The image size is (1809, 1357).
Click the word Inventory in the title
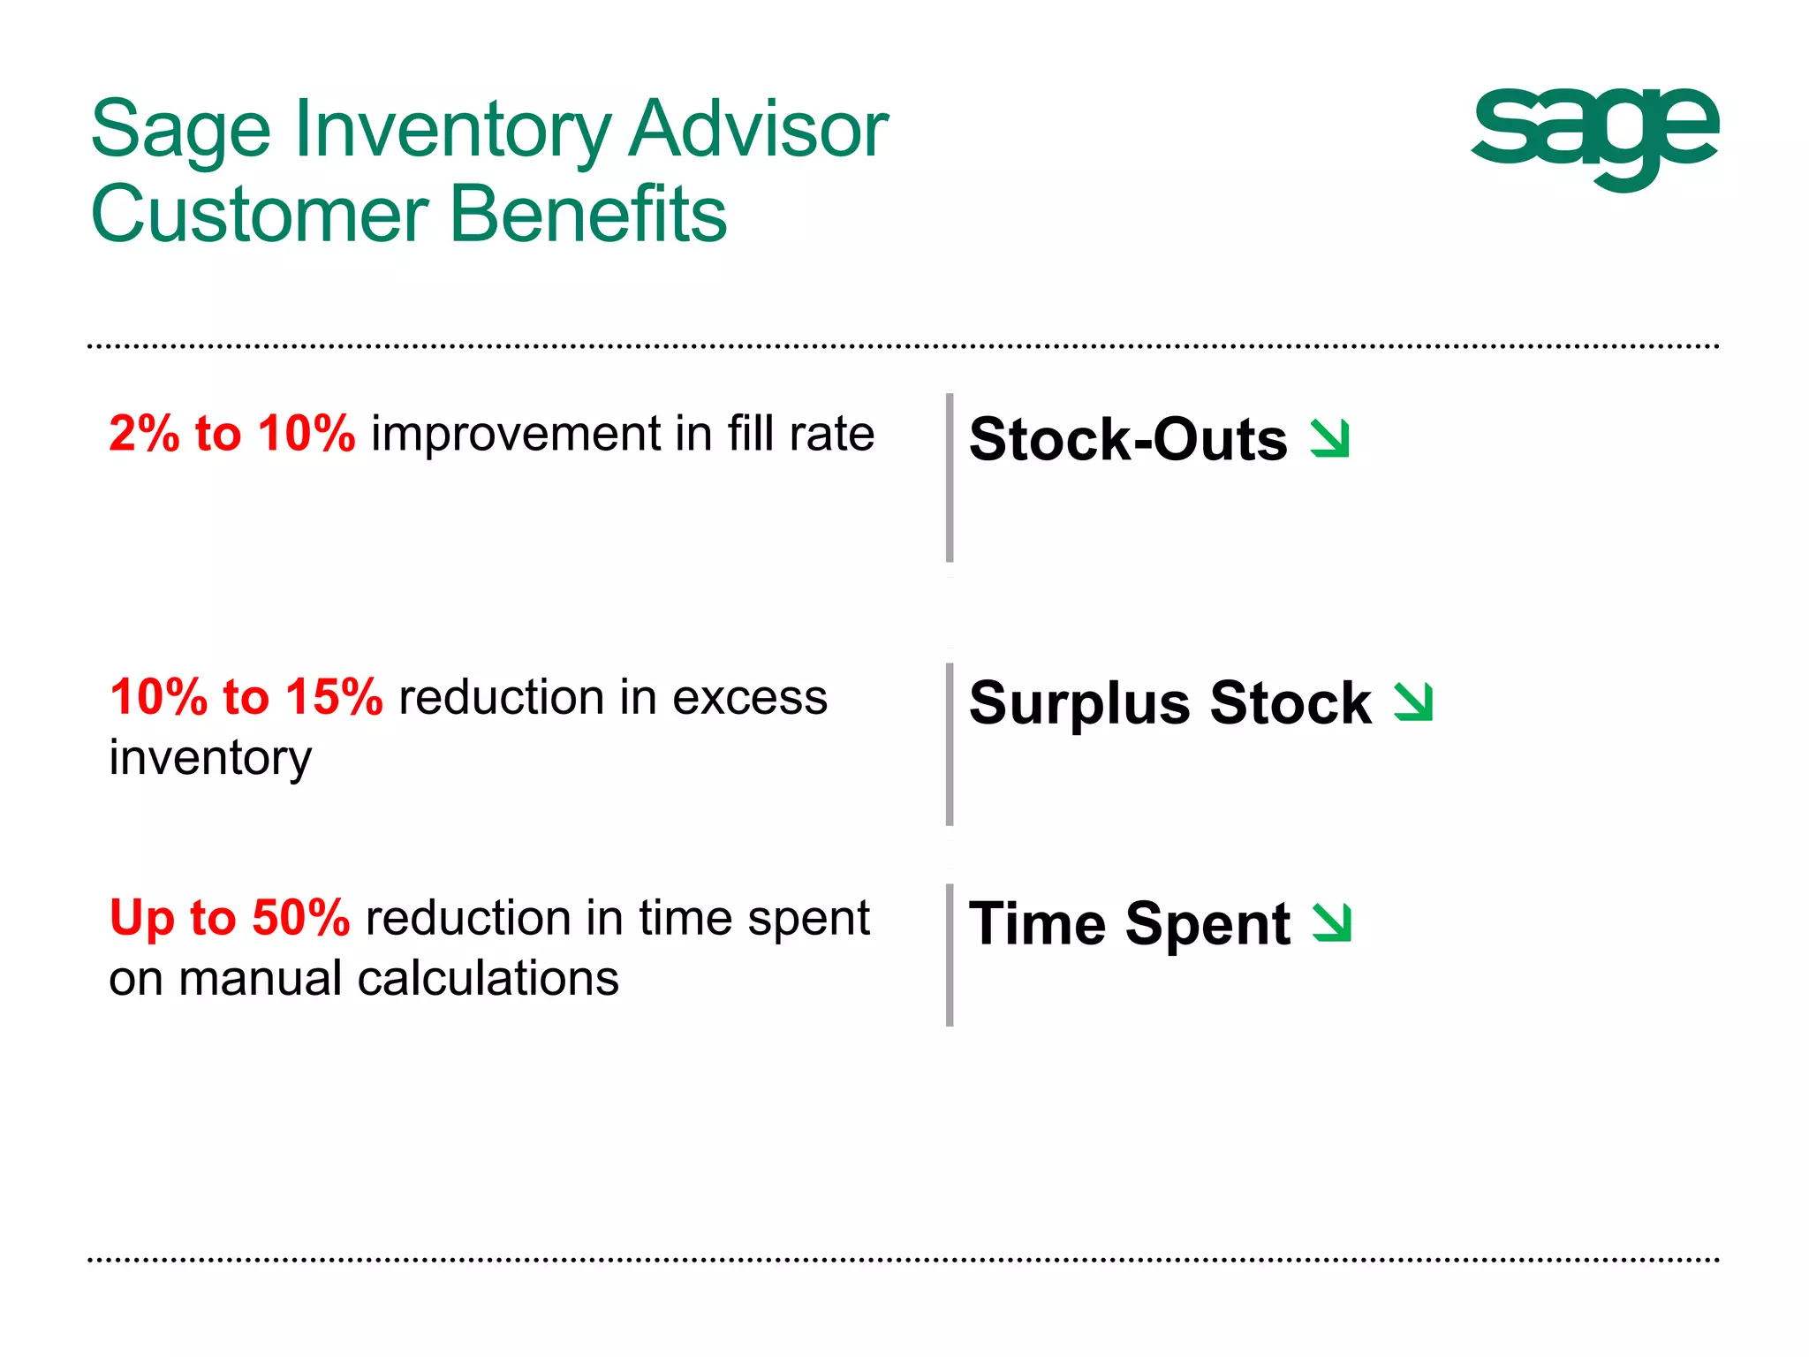(452, 131)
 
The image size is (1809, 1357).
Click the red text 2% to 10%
(231, 434)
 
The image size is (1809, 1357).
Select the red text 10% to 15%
(246, 697)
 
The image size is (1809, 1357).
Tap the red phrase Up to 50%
(230, 918)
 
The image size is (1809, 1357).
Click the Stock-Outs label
(1128, 439)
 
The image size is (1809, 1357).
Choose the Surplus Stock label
(1169, 703)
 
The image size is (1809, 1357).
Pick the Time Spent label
(1129, 924)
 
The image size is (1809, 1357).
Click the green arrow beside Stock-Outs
(1330, 438)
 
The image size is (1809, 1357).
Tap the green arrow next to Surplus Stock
(1413, 702)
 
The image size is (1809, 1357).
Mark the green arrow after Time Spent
(1332, 922)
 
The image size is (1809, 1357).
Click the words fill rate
(800, 434)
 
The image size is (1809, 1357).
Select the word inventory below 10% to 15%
(210, 758)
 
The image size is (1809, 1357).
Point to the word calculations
(488, 979)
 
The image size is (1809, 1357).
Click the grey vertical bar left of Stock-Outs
(950, 477)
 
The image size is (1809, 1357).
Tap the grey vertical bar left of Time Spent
(950, 954)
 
